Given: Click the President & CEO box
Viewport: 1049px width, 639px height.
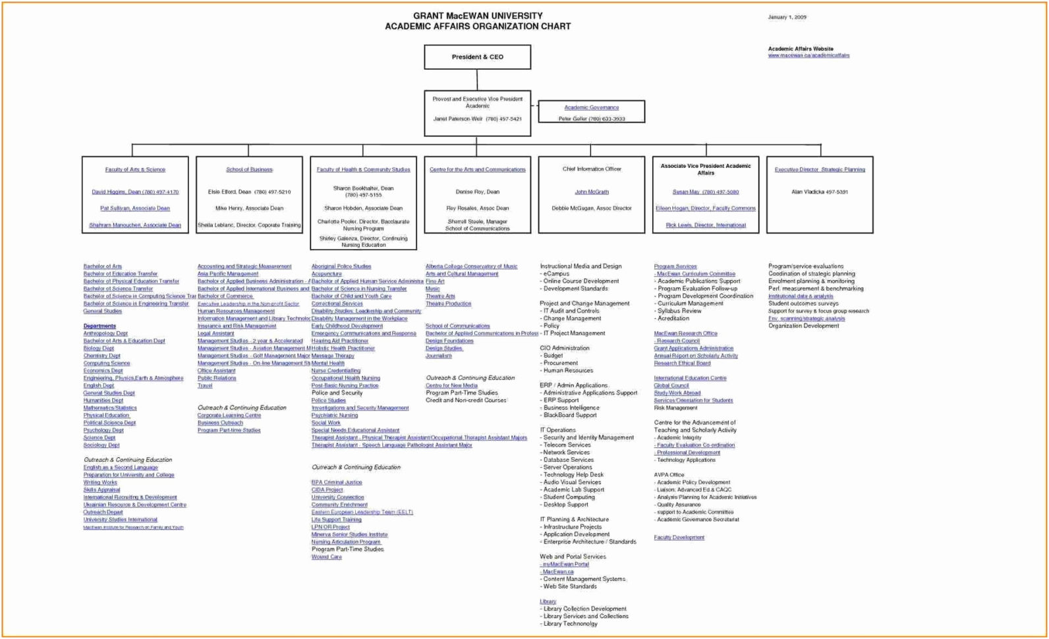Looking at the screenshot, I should [477, 57].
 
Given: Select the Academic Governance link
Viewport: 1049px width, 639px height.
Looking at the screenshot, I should [591, 107].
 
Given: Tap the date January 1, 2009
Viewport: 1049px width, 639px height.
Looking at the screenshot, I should [787, 17].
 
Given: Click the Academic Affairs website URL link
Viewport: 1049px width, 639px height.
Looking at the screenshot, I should [808, 56].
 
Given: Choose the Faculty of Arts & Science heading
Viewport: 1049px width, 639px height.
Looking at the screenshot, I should [135, 170].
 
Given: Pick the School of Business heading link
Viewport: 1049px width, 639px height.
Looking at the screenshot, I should [249, 170].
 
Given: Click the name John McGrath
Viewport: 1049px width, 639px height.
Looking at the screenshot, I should [591, 192].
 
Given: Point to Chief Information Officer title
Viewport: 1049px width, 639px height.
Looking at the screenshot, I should [591, 169].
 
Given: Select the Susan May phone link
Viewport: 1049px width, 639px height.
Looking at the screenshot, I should [705, 192].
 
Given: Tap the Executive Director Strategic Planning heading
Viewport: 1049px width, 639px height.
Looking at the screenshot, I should [820, 170].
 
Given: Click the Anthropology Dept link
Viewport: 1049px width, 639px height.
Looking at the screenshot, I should [105, 333].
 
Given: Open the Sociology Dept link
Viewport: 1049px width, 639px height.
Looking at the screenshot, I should [101, 445].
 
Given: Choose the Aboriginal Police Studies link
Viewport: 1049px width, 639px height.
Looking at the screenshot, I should [341, 267].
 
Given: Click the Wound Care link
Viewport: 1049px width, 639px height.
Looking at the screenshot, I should [327, 557].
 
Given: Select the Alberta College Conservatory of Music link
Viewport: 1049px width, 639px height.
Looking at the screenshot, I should [471, 267].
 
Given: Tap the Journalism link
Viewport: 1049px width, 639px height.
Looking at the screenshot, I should [439, 356].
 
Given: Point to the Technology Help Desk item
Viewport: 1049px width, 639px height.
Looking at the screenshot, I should [573, 475].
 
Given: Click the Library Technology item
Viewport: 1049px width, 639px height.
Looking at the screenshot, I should [570, 624].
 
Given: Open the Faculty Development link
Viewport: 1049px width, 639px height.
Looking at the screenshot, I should [679, 538].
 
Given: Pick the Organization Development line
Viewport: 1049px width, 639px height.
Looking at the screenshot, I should [803, 326].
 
